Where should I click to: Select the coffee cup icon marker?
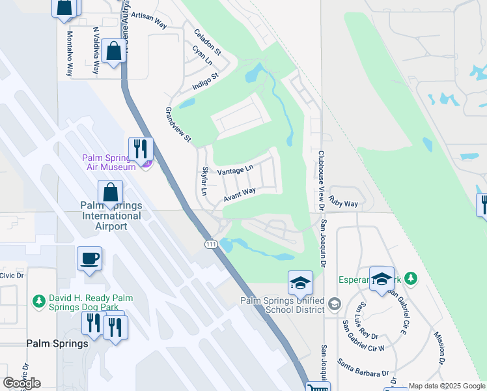coord(89,259)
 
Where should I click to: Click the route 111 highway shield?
coord(211,244)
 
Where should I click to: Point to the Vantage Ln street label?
coord(235,170)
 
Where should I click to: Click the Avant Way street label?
coord(240,194)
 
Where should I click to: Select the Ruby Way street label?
coord(343,203)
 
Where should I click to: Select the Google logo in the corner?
coord(21,383)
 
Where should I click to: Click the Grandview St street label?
coord(178,124)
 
